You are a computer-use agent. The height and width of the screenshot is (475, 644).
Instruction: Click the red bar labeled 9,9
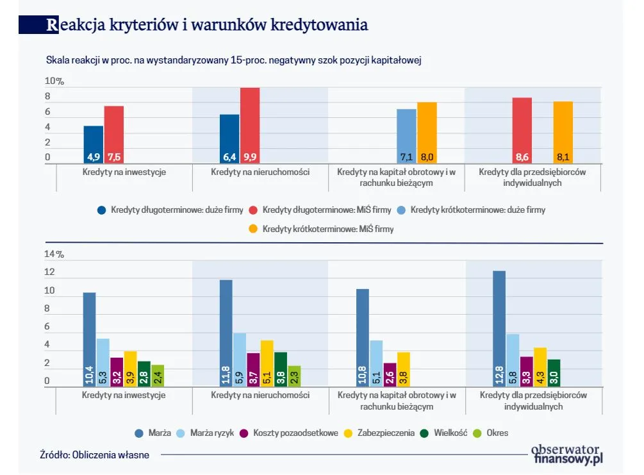click(250, 126)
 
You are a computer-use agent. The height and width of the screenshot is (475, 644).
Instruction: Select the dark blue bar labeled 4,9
click(94, 144)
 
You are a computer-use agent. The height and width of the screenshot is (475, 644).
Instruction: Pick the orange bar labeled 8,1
click(563, 133)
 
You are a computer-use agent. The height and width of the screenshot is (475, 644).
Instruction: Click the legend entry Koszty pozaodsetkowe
click(295, 433)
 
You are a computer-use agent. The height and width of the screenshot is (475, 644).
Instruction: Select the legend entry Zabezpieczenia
click(385, 433)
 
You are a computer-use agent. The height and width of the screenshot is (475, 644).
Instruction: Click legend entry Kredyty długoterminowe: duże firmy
click(170, 210)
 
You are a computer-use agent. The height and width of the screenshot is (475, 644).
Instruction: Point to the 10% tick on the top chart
click(54, 81)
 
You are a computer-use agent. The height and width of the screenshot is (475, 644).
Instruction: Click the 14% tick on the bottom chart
click(54, 254)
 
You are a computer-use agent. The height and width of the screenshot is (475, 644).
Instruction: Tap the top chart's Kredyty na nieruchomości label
click(260, 172)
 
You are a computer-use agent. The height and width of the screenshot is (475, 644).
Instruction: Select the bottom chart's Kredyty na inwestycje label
click(124, 395)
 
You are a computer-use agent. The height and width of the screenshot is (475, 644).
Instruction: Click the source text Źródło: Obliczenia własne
click(94, 454)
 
